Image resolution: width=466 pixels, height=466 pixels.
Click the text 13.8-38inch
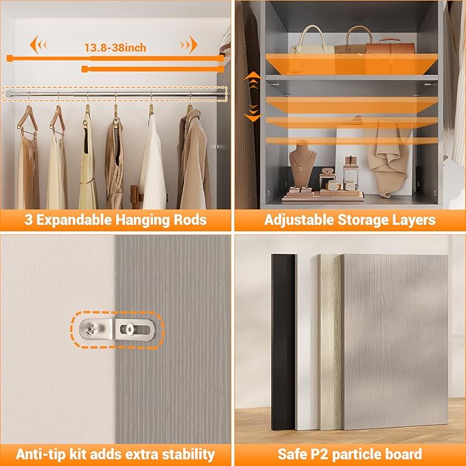(x=115, y=48)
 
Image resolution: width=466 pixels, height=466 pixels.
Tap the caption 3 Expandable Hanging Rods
(x=115, y=220)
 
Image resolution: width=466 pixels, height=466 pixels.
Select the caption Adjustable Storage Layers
(x=349, y=220)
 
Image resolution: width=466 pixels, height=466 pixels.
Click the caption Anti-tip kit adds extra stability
(x=115, y=454)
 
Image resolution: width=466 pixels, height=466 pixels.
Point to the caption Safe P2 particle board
(x=349, y=454)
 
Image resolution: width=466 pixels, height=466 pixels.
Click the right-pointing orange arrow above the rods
(x=189, y=46)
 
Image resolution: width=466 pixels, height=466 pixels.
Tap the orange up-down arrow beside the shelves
(x=253, y=96)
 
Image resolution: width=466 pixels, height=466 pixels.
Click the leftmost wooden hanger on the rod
(x=28, y=119)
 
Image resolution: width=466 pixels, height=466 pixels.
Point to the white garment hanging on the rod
(x=152, y=161)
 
